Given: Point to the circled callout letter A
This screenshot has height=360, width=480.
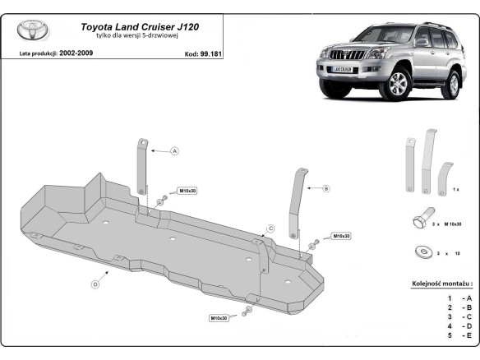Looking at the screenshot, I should click(x=174, y=151).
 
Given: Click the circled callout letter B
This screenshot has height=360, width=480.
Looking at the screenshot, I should click(x=326, y=188).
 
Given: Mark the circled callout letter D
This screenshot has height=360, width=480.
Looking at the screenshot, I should click(x=95, y=284).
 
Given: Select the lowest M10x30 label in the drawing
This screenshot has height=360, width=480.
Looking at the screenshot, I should click(x=219, y=317).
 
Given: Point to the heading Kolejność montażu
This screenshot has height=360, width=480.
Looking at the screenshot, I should click(x=442, y=284).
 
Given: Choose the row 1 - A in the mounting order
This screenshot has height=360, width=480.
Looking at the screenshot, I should click(x=458, y=298).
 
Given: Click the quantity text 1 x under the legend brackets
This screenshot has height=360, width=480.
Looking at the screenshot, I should click(x=455, y=189).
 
